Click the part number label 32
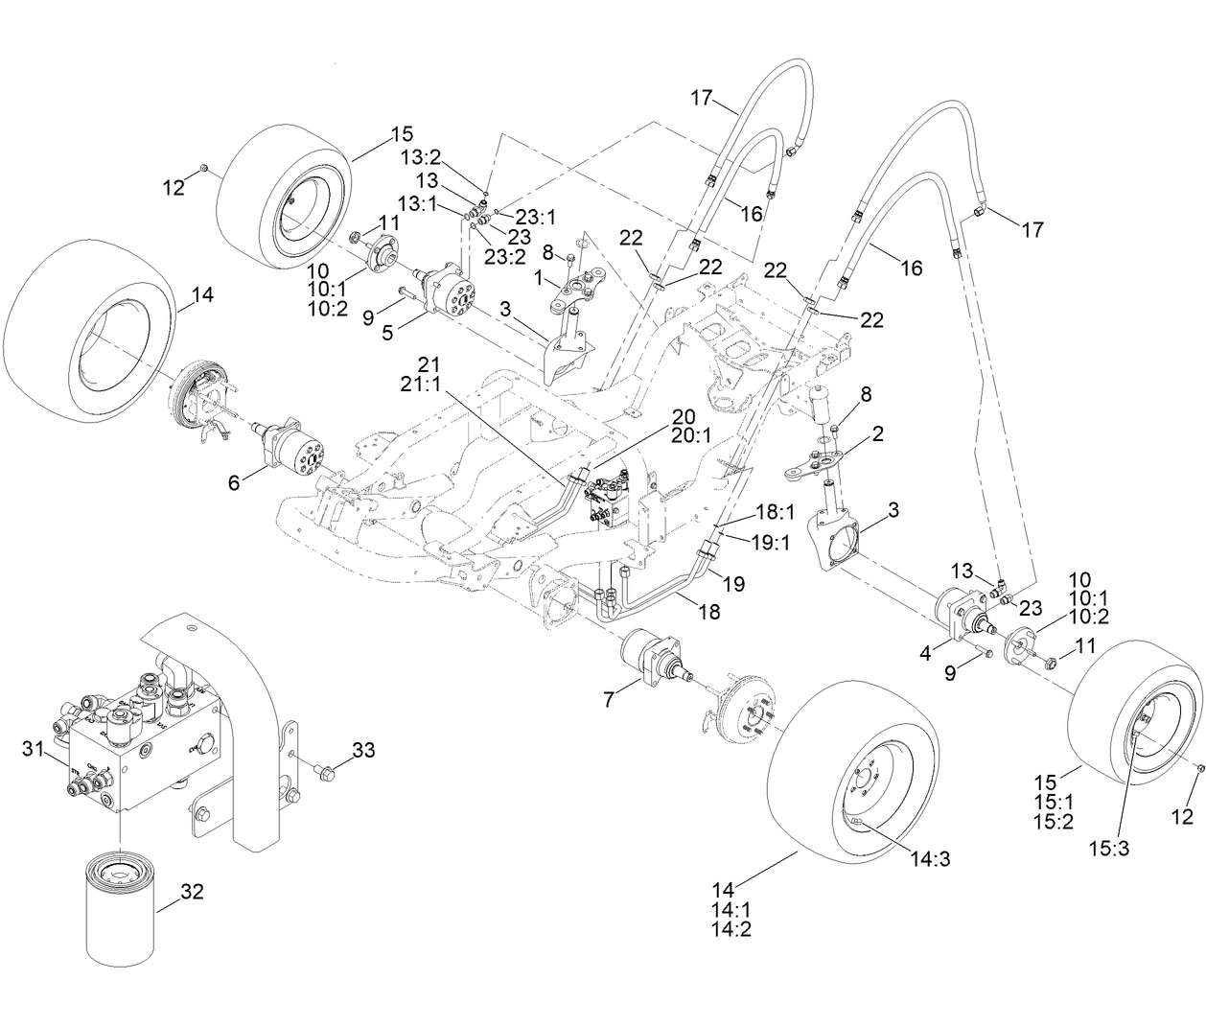tap(193, 892)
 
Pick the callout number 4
tap(925, 653)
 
